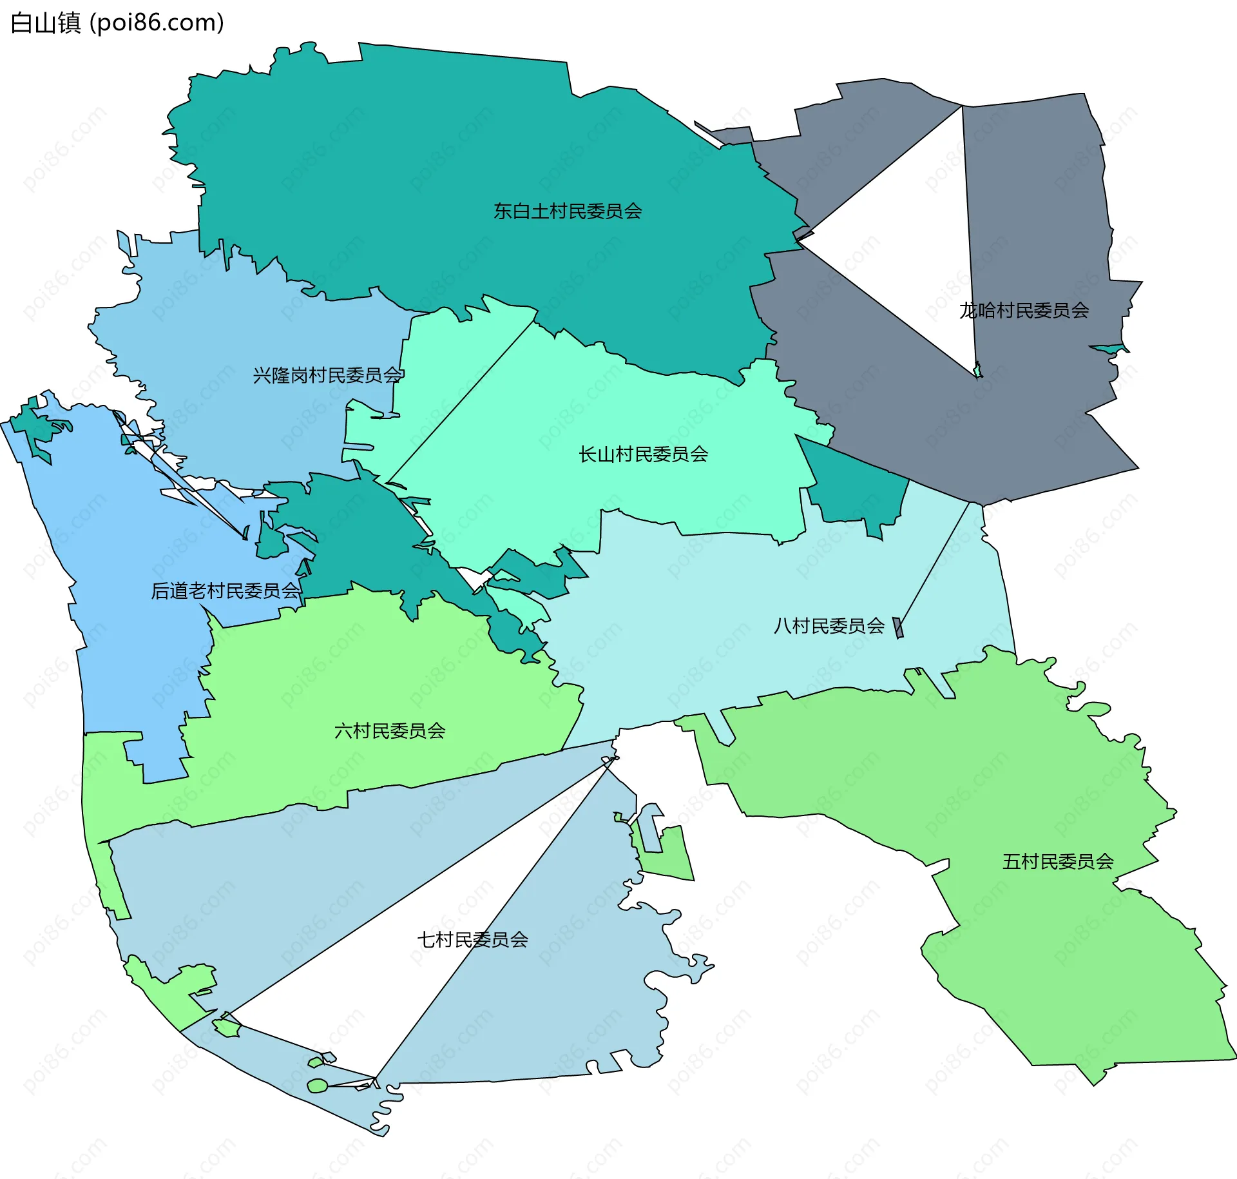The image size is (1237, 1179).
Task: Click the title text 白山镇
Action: pos(45,23)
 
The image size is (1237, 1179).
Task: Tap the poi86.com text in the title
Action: pos(157,23)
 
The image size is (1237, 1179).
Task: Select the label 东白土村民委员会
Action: pos(568,211)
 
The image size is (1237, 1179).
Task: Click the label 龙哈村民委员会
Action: pos(1024,311)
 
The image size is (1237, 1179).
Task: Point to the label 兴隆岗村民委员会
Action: pos(327,375)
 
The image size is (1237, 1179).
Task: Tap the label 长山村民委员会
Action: pos(643,454)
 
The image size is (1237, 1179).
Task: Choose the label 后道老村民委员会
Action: pos(225,590)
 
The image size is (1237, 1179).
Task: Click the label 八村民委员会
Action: pos(829,626)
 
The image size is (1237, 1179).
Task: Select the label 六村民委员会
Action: pos(390,731)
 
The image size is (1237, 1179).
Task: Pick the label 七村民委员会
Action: pos(472,940)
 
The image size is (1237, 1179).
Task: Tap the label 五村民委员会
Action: pos(1058,862)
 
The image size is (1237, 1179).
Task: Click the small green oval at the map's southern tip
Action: pos(317,1086)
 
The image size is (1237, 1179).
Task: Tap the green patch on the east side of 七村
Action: pos(670,851)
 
